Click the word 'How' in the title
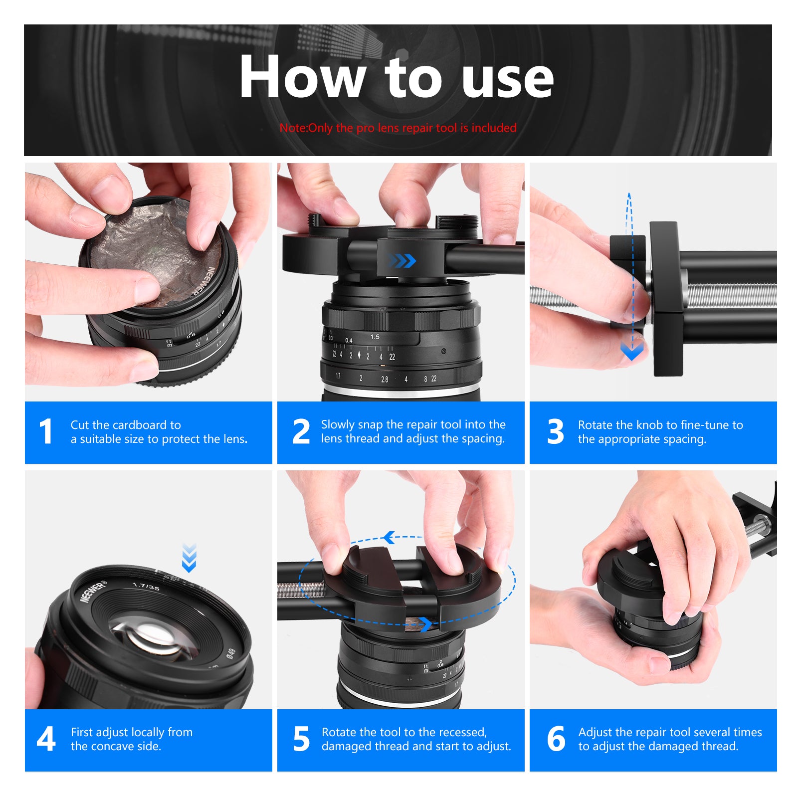pos(302,77)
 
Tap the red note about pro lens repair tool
pos(398,128)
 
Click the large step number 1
pos(46,431)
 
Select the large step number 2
pos(301,431)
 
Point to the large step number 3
pos(555,431)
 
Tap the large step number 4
pos(46,739)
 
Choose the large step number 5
pos(301,739)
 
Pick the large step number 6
pos(556,739)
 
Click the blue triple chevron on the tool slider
pos(402,260)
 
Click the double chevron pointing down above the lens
pos(189,558)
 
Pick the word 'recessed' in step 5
pos(464,732)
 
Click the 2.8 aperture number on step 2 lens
pos(385,379)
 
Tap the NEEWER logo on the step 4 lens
pos(93,592)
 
